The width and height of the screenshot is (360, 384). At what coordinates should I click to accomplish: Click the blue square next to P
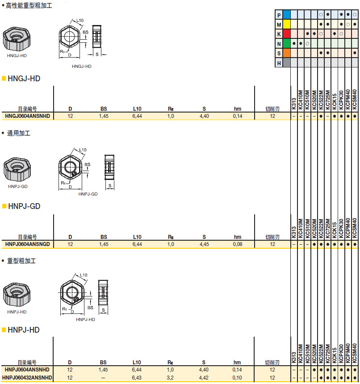tap(287, 15)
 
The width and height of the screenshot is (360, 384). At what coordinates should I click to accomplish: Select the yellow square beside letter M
tap(287, 25)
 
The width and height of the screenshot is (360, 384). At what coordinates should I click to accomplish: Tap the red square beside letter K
tap(287, 34)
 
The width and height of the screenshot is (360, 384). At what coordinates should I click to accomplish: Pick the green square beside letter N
tap(287, 44)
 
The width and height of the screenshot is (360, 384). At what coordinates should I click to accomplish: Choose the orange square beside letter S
tap(287, 53)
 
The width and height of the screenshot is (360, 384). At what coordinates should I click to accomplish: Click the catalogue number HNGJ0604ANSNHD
tap(28, 116)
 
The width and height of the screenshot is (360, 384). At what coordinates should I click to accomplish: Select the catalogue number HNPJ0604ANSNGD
tap(28, 244)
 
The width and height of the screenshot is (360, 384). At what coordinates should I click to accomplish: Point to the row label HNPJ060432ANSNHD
tap(28, 377)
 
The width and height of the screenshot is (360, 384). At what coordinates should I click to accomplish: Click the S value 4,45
tap(204, 244)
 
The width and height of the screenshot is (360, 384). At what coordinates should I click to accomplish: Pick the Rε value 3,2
tap(171, 377)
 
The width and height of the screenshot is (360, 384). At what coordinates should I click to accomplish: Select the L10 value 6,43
tap(137, 377)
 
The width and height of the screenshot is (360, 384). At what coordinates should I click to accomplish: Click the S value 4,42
tap(204, 377)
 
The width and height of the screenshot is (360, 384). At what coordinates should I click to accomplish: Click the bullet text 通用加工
tap(19, 133)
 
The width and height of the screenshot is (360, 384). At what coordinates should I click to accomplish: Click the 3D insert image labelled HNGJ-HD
tap(17, 39)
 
